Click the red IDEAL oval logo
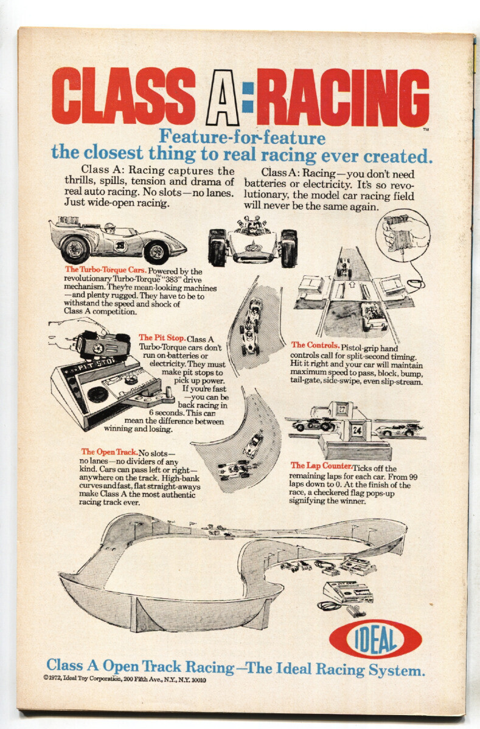tap(375, 639)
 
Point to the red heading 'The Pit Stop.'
tap(161, 338)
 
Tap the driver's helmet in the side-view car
tap(109, 228)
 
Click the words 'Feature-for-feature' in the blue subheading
tap(242, 138)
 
